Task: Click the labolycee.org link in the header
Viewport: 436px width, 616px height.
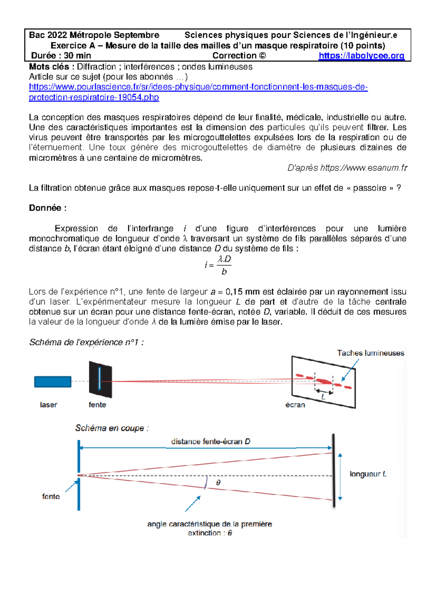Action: pos(361,56)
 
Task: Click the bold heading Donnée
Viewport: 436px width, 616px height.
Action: pos(48,208)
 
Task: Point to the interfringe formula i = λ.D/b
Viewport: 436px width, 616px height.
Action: pos(218,265)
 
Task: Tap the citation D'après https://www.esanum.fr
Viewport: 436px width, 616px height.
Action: pos(347,168)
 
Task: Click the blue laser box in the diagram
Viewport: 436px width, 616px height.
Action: pos(53,382)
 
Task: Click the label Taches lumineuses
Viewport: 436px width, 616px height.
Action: pos(370,353)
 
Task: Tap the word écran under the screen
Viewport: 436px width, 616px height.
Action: pos(295,405)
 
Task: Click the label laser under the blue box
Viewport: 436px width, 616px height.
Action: pos(48,405)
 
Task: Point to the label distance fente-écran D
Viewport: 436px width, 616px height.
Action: pos(211,442)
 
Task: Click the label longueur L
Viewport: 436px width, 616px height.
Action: pos(368,474)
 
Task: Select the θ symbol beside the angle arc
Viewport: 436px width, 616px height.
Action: pos(218,483)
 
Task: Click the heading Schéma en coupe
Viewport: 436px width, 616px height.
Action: pos(112,428)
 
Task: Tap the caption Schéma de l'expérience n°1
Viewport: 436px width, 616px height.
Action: pos(86,342)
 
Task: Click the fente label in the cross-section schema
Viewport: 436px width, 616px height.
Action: pos(51,497)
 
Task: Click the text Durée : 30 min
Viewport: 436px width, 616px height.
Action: pos(61,56)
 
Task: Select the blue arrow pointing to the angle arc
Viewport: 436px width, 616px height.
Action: pos(193,504)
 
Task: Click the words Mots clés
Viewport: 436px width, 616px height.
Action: pos(49,67)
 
